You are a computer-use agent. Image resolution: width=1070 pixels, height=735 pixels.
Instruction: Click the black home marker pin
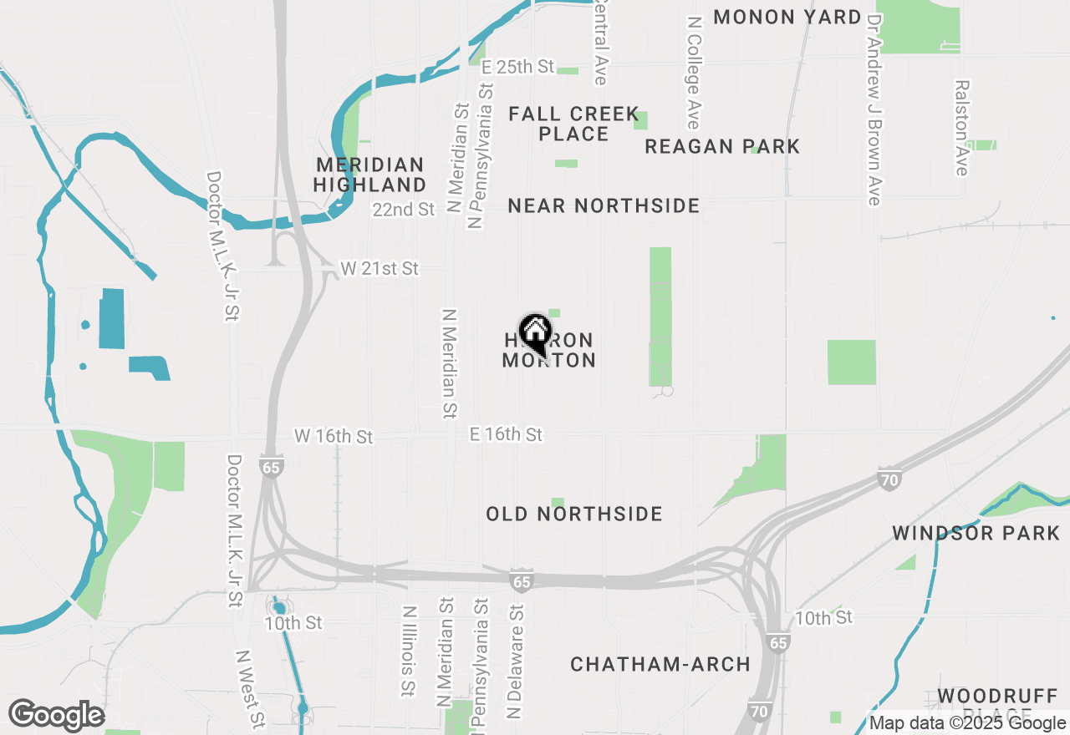[535, 332]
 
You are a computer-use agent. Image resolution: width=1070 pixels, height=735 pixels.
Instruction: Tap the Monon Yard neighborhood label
[787, 17]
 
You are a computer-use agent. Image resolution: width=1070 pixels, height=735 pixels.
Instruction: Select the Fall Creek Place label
[573, 124]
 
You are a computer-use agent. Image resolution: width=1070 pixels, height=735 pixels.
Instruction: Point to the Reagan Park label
[722, 146]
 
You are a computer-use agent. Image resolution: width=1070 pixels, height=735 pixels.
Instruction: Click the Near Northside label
[604, 205]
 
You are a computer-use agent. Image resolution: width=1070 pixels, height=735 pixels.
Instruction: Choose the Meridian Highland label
[370, 175]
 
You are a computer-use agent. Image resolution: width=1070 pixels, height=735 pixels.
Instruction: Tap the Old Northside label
[574, 514]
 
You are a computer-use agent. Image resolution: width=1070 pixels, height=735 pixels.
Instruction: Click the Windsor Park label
[976, 533]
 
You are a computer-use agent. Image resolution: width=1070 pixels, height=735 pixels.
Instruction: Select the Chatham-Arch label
[660, 664]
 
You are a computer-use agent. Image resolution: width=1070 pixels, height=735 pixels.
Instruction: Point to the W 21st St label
[380, 269]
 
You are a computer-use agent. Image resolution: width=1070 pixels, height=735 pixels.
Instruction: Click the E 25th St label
[518, 66]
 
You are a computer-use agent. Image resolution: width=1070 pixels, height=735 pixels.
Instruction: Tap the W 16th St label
[334, 437]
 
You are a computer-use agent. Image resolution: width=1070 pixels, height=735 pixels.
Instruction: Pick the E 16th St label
[506, 434]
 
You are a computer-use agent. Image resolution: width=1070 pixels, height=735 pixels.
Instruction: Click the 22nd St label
[404, 209]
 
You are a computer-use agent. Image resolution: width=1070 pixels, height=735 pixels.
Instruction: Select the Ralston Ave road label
[963, 128]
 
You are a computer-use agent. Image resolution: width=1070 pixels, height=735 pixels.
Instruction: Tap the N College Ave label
[693, 71]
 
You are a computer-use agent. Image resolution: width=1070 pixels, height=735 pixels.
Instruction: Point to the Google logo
[56, 716]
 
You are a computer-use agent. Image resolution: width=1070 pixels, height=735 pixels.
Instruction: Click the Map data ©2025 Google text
[967, 723]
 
